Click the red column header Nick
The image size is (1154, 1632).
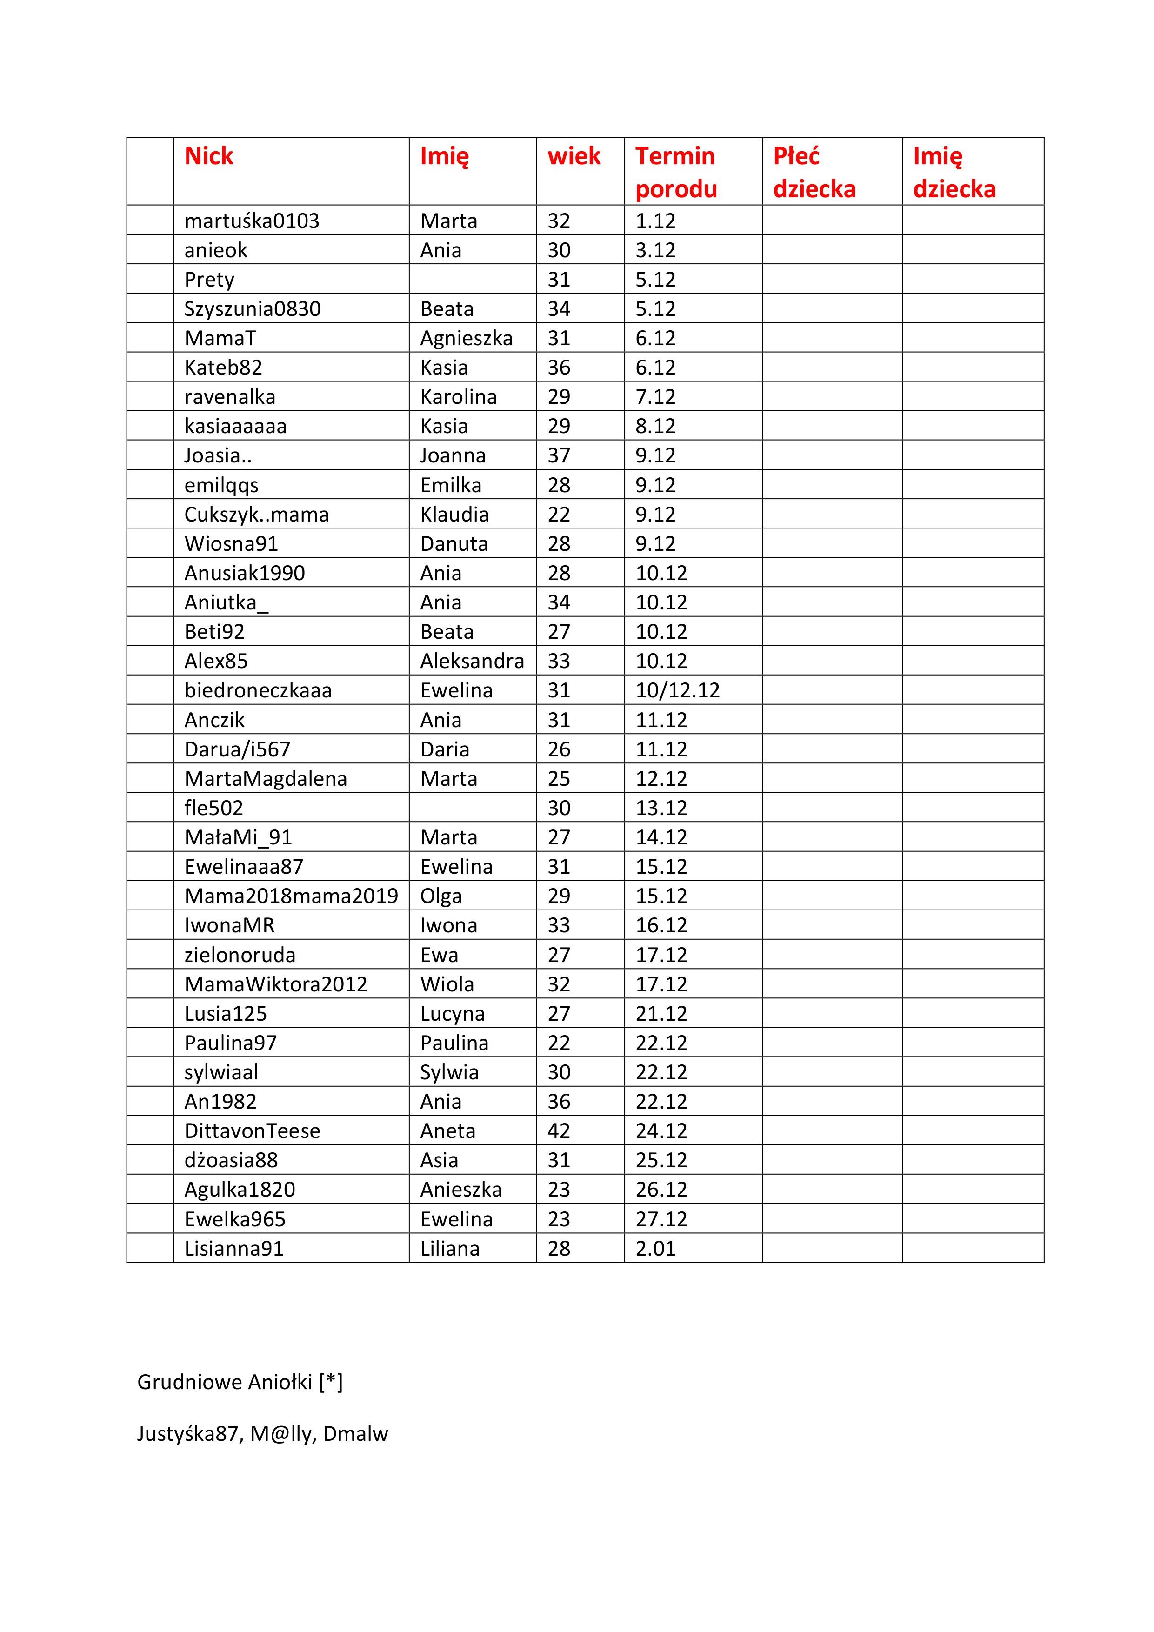click(x=209, y=156)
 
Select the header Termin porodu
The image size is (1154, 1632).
click(x=676, y=172)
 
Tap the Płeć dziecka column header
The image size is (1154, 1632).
click(x=814, y=172)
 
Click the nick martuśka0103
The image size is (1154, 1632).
click(x=252, y=221)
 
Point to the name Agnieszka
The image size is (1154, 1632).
click(x=466, y=338)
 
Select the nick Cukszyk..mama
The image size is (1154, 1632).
click(x=257, y=515)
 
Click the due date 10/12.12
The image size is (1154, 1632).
click(x=677, y=690)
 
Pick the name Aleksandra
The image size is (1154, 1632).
click(x=472, y=661)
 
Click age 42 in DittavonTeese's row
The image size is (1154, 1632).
click(x=559, y=1131)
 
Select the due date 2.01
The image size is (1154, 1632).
click(x=655, y=1248)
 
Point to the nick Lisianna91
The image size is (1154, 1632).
click(x=234, y=1248)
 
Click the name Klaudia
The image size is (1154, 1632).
click(x=454, y=515)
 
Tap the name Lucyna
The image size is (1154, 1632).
click(x=452, y=1014)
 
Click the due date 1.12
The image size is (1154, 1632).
click(x=655, y=221)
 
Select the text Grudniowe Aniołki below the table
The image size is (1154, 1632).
click(x=225, y=1382)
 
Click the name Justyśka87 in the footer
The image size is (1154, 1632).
click(x=187, y=1434)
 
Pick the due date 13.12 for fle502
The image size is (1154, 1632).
click(x=661, y=808)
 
